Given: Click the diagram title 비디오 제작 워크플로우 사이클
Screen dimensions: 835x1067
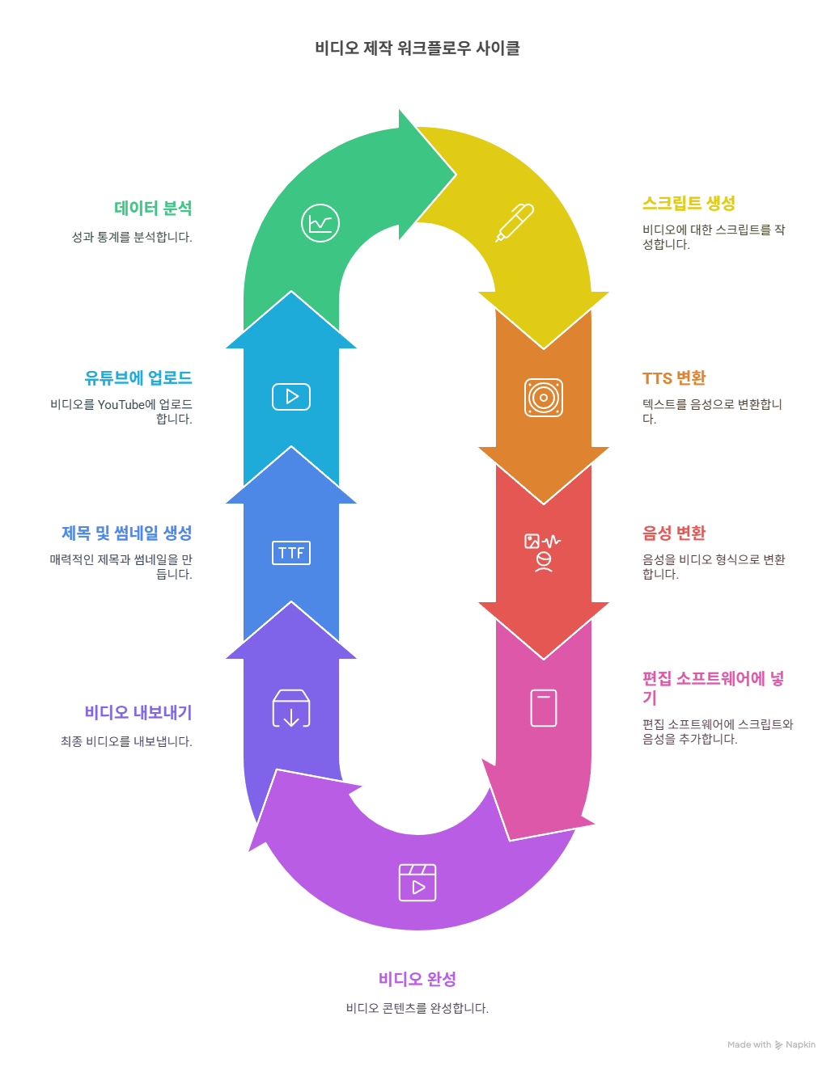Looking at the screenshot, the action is tap(417, 48).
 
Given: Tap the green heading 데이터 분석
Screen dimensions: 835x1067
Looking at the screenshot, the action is tap(153, 209).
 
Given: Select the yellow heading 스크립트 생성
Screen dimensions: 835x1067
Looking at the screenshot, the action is tap(689, 204).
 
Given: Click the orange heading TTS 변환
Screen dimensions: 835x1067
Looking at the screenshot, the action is tap(674, 378).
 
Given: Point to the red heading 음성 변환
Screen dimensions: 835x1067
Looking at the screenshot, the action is tap(674, 533).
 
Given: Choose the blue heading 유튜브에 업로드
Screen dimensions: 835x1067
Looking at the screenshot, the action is tap(138, 378).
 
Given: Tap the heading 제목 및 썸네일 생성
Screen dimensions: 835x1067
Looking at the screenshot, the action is tap(127, 533).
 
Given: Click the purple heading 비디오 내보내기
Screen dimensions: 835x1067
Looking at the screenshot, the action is tap(138, 713).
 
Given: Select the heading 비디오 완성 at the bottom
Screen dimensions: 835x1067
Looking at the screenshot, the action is tap(417, 980).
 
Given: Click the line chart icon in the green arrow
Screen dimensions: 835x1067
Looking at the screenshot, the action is tap(320, 223).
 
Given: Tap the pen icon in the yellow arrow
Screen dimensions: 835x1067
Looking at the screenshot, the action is tap(515, 222).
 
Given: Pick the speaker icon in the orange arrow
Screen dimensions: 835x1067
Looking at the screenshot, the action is tap(544, 398).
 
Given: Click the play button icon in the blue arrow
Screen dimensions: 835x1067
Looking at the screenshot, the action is tap(291, 397).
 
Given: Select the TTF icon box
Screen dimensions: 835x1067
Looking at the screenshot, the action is tap(291, 553).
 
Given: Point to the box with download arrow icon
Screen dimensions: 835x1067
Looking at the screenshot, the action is tap(291, 709).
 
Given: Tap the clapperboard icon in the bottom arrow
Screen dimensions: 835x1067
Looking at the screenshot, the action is tap(417, 883).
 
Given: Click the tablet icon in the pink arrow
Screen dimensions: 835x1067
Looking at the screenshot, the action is tap(544, 708).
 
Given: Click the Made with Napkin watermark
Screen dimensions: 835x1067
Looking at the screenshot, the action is tap(771, 1045).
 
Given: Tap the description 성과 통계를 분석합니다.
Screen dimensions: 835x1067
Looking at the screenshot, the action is tap(132, 238).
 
